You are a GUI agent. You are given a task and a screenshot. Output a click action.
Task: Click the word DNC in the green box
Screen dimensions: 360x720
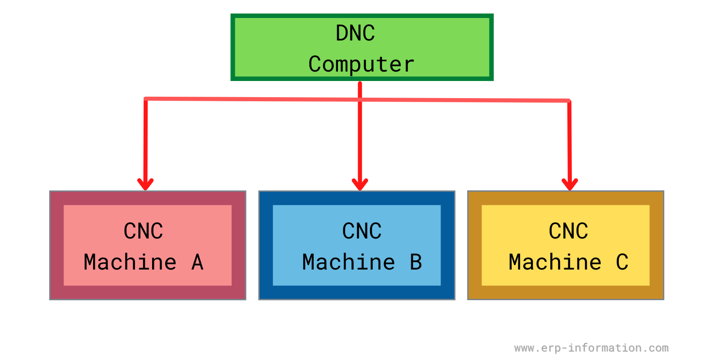point(355,33)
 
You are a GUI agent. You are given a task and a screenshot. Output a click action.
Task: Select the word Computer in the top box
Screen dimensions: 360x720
point(361,64)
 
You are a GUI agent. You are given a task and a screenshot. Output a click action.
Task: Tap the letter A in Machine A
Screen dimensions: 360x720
point(197,262)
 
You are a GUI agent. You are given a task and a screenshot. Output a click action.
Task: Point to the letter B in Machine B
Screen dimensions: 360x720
point(416,262)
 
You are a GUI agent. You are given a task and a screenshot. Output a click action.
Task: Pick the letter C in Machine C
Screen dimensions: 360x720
point(622,262)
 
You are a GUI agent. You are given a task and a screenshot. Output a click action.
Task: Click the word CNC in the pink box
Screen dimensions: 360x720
point(143,231)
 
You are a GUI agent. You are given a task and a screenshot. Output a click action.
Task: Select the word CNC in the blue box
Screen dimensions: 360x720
point(361,231)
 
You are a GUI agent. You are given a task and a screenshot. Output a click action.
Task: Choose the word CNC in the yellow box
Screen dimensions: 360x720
point(568,231)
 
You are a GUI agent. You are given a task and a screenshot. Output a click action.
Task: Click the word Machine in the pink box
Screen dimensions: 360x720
point(130,262)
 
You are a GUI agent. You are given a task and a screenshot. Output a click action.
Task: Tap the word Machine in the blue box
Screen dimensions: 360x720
point(349,262)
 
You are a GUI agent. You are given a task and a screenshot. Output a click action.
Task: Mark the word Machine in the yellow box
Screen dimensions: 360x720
point(555,262)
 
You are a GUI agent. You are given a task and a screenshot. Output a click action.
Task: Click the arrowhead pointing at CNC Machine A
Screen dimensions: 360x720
point(145,184)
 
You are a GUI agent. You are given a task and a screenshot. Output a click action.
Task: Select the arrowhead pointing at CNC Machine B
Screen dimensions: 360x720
point(360,184)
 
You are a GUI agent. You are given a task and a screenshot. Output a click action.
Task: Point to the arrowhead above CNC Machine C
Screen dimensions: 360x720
point(570,184)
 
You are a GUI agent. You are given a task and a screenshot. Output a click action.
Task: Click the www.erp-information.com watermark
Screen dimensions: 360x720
point(591,348)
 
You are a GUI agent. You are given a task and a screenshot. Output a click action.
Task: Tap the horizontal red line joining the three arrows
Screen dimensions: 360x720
point(252,99)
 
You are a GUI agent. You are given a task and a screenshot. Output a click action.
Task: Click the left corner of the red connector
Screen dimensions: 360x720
point(146,99)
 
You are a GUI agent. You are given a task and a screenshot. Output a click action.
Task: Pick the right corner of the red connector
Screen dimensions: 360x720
point(569,101)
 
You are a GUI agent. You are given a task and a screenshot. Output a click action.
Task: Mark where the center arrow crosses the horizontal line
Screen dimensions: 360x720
point(360,99)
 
